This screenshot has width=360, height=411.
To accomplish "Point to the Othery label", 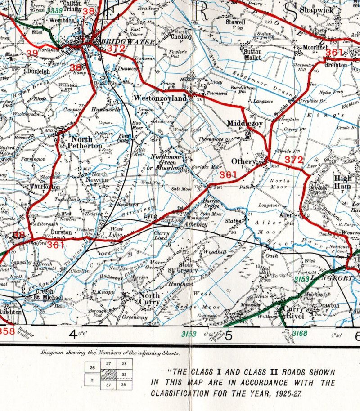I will (x=243, y=161).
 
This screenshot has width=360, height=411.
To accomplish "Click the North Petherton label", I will (x=86, y=143).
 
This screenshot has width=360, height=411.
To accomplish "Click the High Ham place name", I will (x=343, y=182).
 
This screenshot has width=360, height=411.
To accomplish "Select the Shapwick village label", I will (x=316, y=10).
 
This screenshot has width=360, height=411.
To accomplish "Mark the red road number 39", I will (x=32, y=54).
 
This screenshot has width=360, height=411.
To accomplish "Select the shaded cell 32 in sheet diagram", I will (x=109, y=374).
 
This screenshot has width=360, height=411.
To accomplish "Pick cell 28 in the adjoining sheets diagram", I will (x=124, y=363).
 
